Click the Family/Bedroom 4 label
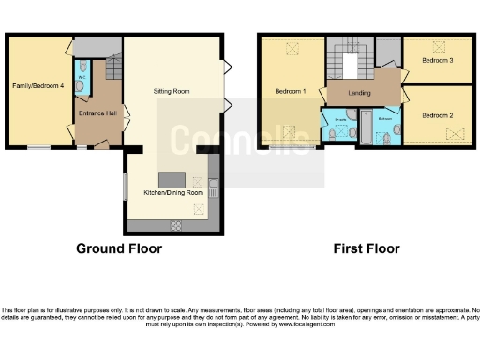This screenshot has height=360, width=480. [x=38, y=86]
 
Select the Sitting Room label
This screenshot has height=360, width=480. [x=172, y=92]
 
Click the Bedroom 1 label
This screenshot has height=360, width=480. [x=291, y=91]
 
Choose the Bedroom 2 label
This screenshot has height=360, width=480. [x=438, y=115]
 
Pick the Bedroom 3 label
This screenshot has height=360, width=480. [x=438, y=61]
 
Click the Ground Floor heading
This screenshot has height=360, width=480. [x=119, y=248]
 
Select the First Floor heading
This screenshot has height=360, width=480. [x=367, y=248]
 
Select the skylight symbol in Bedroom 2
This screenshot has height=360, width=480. [x=457, y=133]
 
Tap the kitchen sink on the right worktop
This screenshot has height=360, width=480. [x=214, y=188]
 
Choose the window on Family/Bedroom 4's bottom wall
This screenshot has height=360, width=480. [x=38, y=147]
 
